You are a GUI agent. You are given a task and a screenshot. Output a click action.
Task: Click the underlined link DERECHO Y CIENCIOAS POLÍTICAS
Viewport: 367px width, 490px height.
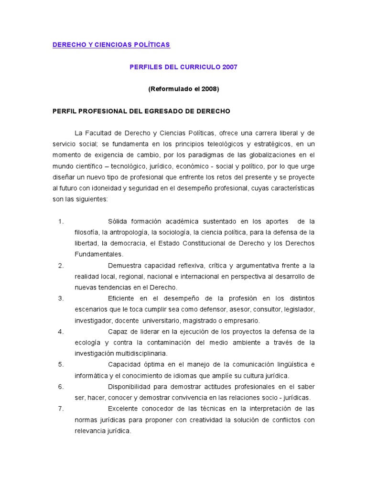pyautogui.click(x=111, y=45)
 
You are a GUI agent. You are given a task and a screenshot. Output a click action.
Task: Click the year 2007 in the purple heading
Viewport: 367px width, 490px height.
pyautogui.click(x=229, y=67)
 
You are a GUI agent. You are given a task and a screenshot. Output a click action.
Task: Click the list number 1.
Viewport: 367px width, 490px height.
pyautogui.click(x=61, y=221)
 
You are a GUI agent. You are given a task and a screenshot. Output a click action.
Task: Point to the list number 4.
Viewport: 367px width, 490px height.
pyautogui.click(x=61, y=331)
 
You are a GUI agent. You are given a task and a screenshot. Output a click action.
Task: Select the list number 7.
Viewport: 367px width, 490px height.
pyautogui.click(x=61, y=408)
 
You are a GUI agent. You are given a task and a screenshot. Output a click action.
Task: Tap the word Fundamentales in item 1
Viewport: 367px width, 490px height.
pyautogui.click(x=98, y=254)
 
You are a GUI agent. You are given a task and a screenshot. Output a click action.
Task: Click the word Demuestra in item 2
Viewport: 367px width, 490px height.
pyautogui.click(x=124, y=265)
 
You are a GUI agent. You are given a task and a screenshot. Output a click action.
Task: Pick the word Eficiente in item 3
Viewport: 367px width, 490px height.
pyautogui.click(x=121, y=298)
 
